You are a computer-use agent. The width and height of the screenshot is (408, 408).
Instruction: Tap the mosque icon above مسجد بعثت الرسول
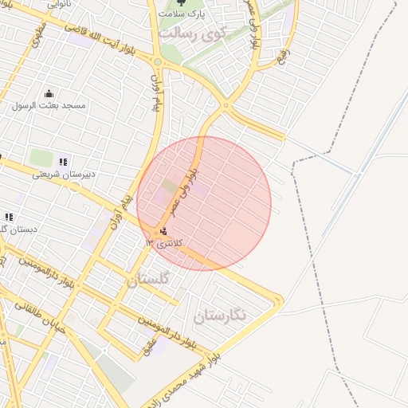coord(49,93)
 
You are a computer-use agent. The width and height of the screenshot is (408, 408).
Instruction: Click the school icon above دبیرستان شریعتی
coord(63,162)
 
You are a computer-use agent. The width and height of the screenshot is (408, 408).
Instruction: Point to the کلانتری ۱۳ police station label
coord(165,242)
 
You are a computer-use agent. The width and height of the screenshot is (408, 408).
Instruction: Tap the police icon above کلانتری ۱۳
coord(163,231)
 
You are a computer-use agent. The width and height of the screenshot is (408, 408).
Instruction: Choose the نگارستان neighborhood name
coord(221,316)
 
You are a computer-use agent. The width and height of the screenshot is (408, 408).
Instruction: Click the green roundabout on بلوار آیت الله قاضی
coord(159,62)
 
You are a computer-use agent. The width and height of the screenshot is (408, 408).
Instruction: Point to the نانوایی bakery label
coord(58,4)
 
